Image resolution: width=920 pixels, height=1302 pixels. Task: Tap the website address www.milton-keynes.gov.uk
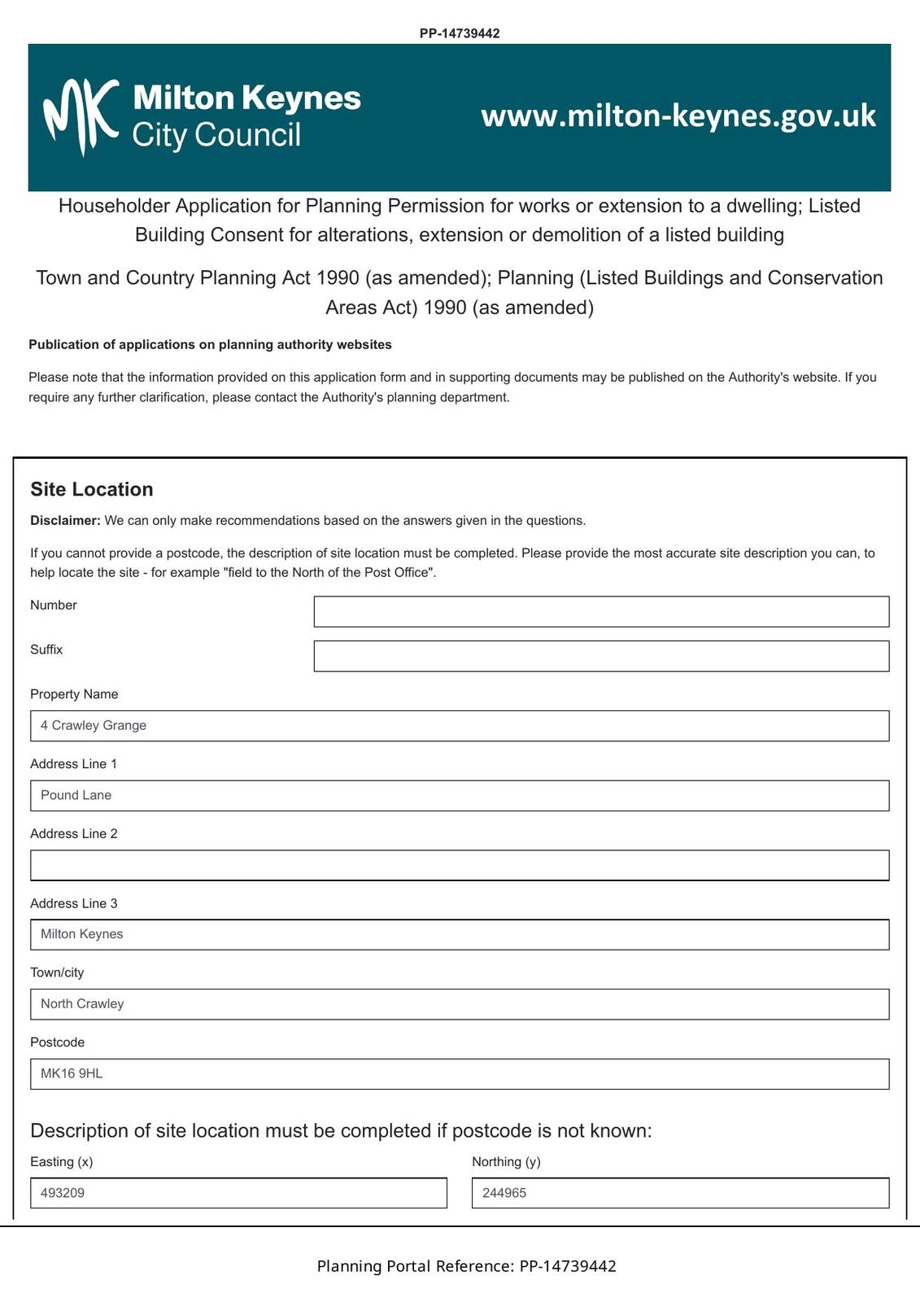click(678, 116)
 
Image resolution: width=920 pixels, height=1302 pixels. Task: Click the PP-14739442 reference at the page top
click(460, 33)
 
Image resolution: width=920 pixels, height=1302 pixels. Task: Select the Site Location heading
click(92, 489)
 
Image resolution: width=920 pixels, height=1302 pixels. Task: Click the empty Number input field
click(601, 612)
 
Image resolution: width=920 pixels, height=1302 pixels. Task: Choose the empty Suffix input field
click(601, 656)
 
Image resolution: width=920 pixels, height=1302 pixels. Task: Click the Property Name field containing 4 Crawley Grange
click(460, 726)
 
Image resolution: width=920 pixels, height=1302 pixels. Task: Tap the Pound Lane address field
click(460, 796)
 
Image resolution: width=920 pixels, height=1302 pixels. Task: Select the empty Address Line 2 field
click(460, 865)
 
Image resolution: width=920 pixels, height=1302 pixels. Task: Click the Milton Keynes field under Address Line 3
click(460, 934)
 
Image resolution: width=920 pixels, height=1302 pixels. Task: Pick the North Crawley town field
click(460, 1004)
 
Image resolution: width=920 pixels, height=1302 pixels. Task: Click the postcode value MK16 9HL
click(72, 1074)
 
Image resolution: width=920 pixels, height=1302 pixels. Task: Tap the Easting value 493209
click(63, 1193)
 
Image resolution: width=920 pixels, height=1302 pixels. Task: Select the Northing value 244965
click(504, 1193)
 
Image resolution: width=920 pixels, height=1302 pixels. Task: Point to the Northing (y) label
click(506, 1162)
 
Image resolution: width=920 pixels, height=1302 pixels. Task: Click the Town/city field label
click(57, 972)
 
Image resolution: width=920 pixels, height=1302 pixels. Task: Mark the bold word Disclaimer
click(65, 521)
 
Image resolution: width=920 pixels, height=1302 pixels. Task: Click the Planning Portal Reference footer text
click(466, 1266)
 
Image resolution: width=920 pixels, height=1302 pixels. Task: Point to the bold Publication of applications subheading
click(210, 344)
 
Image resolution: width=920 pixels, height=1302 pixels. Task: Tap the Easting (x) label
click(62, 1162)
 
